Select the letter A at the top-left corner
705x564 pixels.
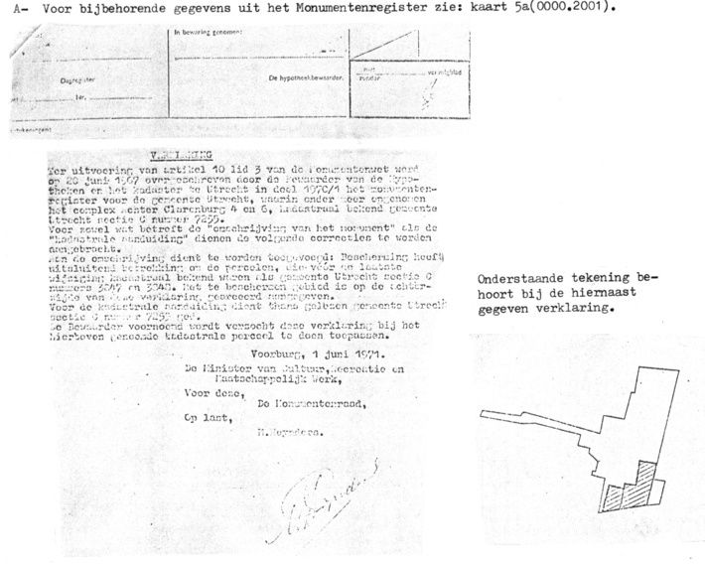pyautogui.click(x=9, y=9)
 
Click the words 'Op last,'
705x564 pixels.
pyautogui.click(x=202, y=419)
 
